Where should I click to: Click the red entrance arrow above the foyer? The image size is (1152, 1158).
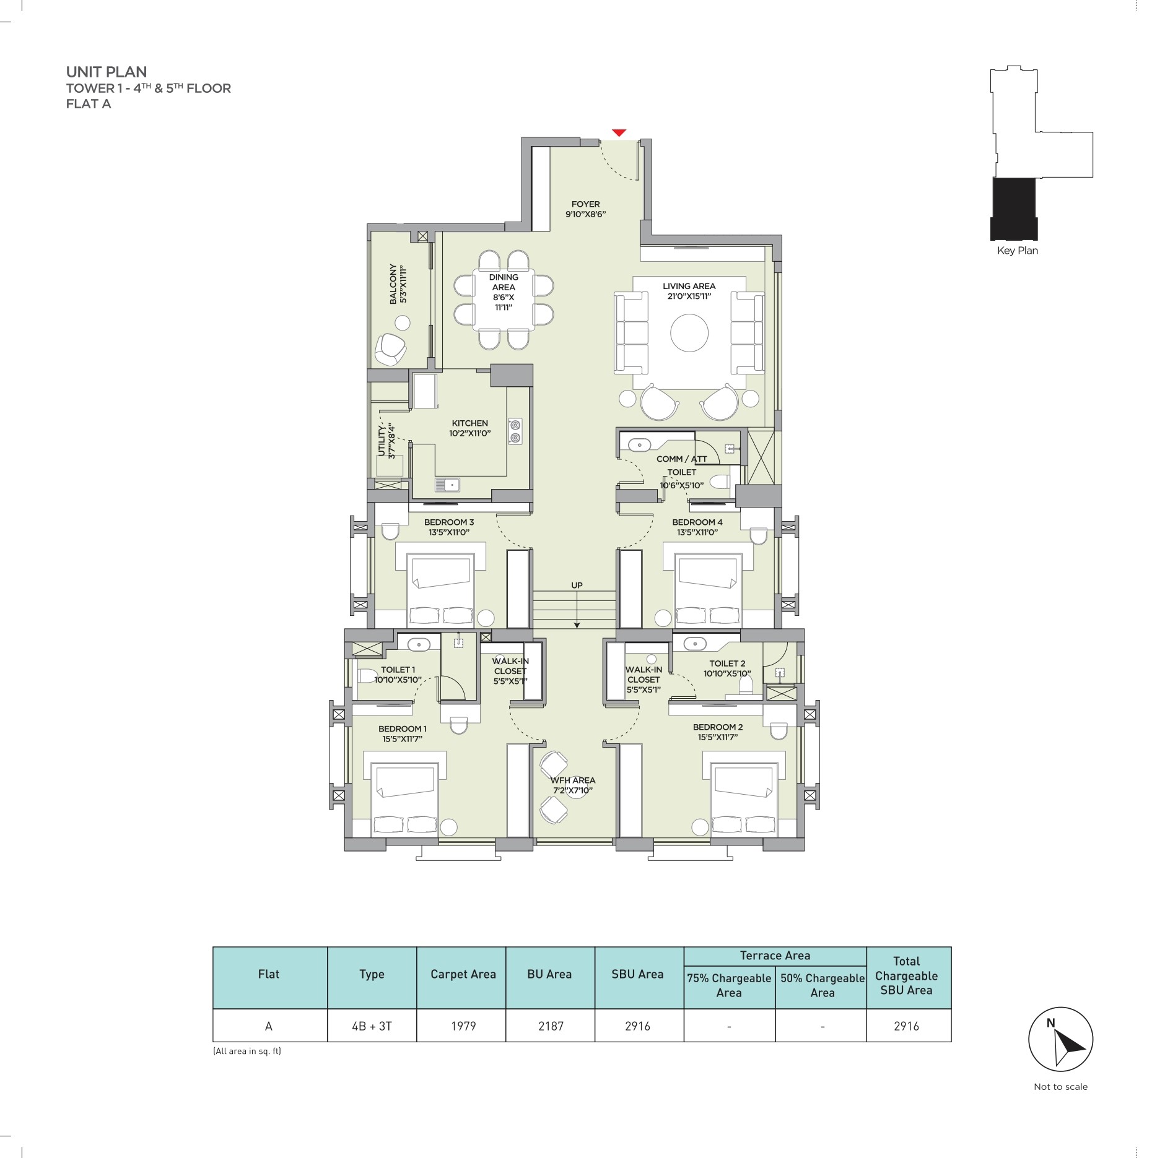[x=619, y=132]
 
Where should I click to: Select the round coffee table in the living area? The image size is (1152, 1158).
[x=689, y=333]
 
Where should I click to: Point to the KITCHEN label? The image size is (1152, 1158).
[x=469, y=423]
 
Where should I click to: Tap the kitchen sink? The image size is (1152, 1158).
[x=447, y=485]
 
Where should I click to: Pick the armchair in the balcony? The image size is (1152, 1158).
[x=390, y=349]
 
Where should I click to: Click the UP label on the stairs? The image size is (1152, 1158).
[x=577, y=585]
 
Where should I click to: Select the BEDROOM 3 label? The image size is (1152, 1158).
[x=449, y=522]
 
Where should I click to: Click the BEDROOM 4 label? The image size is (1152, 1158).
[x=697, y=522]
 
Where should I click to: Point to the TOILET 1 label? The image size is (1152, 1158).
[x=398, y=670]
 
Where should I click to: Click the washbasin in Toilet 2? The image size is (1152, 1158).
[x=694, y=644]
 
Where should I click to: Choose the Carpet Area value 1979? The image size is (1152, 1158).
[x=463, y=1026]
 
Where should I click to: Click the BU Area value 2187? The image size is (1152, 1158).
[x=551, y=1026]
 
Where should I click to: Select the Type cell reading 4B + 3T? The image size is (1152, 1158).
[x=372, y=1026]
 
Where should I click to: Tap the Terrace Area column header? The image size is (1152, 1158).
[x=775, y=956]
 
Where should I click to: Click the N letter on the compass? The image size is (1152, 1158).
[x=1050, y=1023]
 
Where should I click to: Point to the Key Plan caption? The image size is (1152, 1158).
[x=1017, y=251]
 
